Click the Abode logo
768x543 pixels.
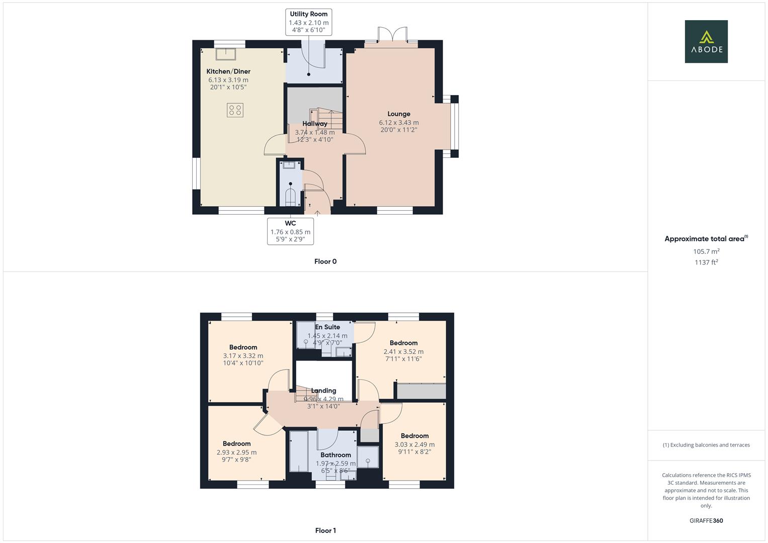[706, 42]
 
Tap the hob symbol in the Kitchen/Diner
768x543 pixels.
[235, 110]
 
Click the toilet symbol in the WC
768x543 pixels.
[291, 197]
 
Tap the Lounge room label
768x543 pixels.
[398, 114]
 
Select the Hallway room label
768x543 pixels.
[315, 124]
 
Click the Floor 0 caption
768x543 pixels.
[325, 261]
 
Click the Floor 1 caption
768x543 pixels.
[325, 530]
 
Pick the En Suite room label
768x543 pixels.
[327, 327]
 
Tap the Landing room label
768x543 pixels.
[323, 391]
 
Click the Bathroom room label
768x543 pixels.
[335, 455]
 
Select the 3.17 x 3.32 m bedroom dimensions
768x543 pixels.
[243, 356]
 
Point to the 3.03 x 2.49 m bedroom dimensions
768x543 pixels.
[414, 444]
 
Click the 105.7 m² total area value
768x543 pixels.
[706, 251]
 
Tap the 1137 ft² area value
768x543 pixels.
[706, 262]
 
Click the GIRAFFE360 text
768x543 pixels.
[706, 521]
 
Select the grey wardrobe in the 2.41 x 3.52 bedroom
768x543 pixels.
[421, 391]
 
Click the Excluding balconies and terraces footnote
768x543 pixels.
[706, 445]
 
